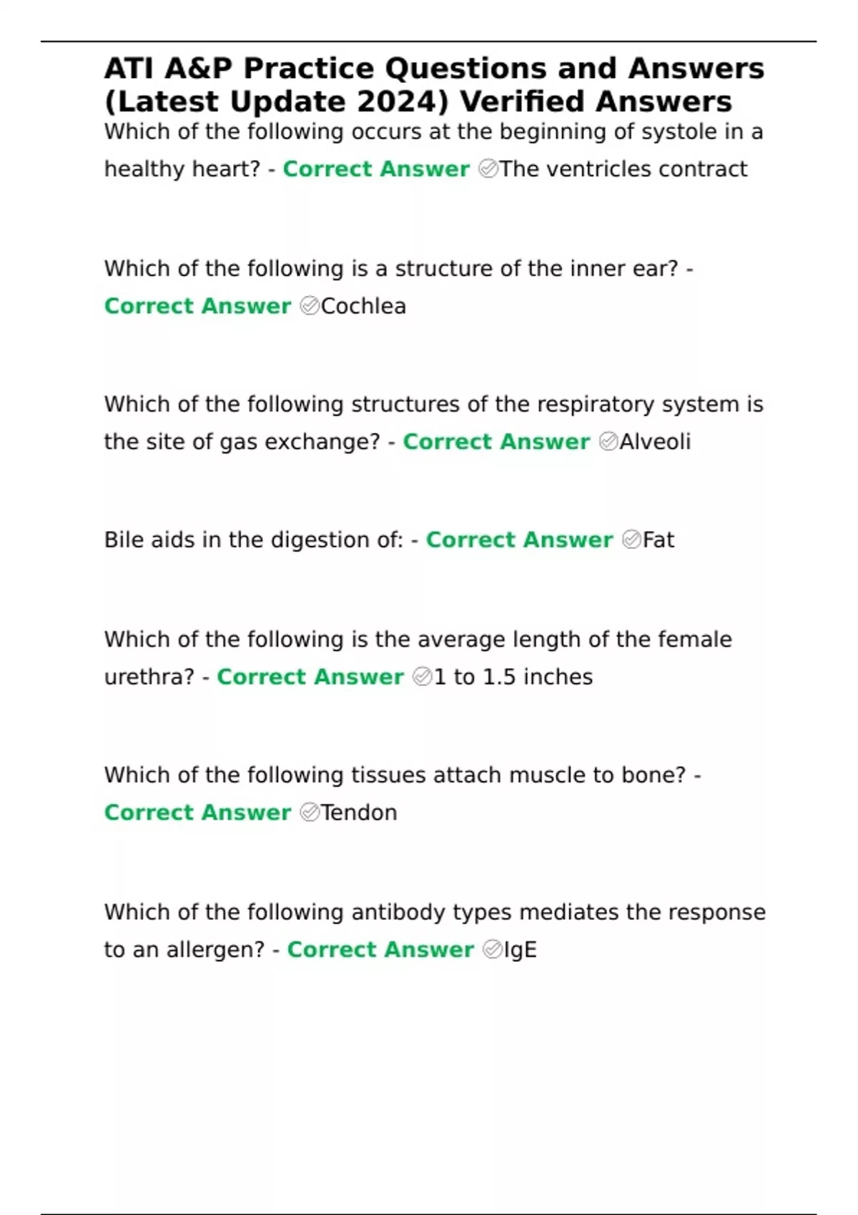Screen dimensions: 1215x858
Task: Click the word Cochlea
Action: pos(363,306)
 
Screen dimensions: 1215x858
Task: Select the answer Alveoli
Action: pos(655,442)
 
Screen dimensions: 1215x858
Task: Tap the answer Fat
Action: pos(658,540)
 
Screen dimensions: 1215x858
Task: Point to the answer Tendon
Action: pos(358,813)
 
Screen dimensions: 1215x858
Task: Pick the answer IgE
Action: pos(520,950)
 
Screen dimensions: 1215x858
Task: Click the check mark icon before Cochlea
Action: pos(310,306)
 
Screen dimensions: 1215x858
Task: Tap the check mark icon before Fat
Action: pos(631,540)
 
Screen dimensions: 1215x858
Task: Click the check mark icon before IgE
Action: pos(492,950)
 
